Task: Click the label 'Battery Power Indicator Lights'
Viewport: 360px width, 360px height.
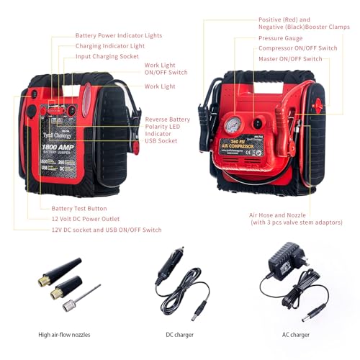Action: point(118,35)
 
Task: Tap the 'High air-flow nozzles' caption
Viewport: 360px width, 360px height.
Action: point(66,334)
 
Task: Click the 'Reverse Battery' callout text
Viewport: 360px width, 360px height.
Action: point(167,120)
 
